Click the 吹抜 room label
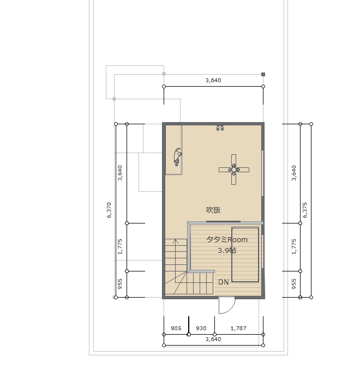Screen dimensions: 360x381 pos(213,210)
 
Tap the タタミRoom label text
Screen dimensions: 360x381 pos(227,240)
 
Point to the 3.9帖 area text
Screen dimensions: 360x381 pos(227,250)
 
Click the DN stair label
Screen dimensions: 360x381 pos(224,282)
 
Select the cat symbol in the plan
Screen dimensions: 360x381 pos(177,157)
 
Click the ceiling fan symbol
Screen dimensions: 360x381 pos(234,170)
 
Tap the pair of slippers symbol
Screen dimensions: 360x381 pos(220,128)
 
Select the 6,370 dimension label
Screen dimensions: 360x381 pos(109,210)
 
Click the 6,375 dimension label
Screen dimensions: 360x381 pos(305,210)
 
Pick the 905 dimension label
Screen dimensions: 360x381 pos(176,329)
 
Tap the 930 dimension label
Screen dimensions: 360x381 pos(201,329)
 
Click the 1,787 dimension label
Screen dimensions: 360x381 pos(238,329)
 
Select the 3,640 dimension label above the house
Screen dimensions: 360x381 pos(213,81)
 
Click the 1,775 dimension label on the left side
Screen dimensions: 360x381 pos(120,247)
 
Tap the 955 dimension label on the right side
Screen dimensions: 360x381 pos(293,284)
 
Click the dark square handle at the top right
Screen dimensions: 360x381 pos(263,74)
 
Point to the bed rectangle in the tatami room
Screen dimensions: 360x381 pos(245,255)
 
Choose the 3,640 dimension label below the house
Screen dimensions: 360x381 pos(213,339)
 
